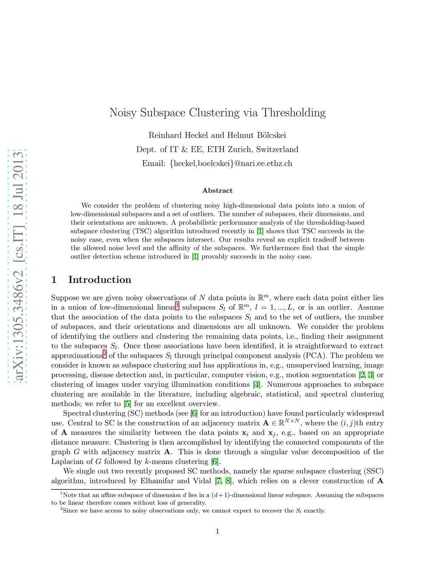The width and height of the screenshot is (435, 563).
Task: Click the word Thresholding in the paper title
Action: click(294, 113)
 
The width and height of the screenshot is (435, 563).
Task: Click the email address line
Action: click(217, 163)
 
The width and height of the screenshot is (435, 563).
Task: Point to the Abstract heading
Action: click(217, 190)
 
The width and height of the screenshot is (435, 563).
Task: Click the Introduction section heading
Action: click(99, 280)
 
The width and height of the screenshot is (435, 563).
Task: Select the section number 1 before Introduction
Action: click(54, 280)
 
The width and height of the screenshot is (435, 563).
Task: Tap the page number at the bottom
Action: click(217, 531)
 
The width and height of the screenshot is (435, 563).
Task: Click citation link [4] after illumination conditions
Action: click(257, 385)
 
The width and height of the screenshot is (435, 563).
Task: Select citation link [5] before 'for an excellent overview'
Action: click(127, 404)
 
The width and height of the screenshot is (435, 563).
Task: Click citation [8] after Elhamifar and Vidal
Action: click(229, 481)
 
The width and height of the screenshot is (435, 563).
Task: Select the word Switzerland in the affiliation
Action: click(277, 149)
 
